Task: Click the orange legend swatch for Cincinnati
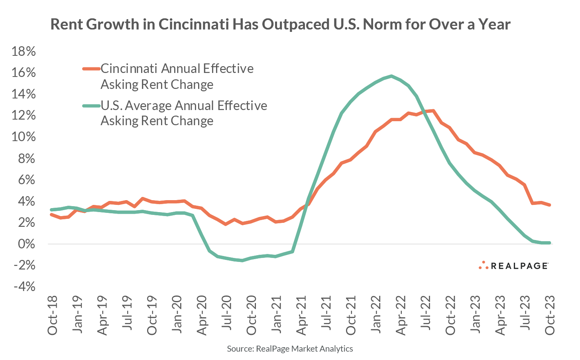click(x=91, y=69)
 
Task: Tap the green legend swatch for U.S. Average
click(x=91, y=106)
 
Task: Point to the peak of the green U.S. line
click(x=391, y=76)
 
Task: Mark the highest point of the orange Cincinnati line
click(x=433, y=111)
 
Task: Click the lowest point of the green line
click(x=242, y=260)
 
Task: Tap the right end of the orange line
click(x=550, y=205)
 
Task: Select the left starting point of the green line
click(x=51, y=210)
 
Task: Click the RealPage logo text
click(x=519, y=266)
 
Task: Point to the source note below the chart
click(x=290, y=349)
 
